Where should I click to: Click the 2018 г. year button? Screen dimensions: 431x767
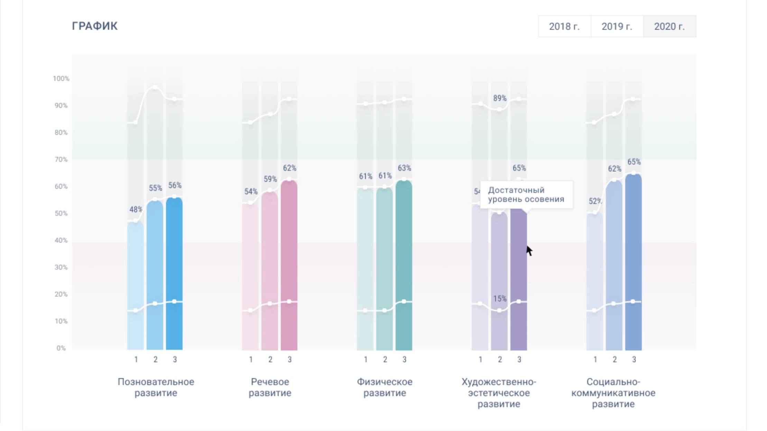[564, 26]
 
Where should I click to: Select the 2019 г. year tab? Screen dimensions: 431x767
[617, 26]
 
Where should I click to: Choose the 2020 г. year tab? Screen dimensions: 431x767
[669, 26]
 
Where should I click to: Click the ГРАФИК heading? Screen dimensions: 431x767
[95, 26]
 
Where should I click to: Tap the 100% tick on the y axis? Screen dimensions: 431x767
[61, 78]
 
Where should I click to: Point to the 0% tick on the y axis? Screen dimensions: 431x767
[61, 348]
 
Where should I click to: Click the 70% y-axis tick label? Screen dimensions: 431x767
[61, 159]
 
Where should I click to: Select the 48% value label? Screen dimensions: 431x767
[136, 209]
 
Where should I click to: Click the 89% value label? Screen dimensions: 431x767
[500, 98]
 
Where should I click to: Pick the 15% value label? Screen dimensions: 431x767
[500, 299]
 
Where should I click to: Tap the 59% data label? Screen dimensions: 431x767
[270, 179]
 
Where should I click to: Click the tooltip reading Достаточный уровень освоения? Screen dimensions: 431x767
[526, 195]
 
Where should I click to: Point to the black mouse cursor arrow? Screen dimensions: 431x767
[529, 250]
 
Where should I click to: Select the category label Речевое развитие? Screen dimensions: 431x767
[270, 387]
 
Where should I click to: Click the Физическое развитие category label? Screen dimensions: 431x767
[385, 387]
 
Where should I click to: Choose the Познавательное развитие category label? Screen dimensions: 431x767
[156, 387]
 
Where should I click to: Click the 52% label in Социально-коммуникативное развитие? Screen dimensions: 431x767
[595, 201]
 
